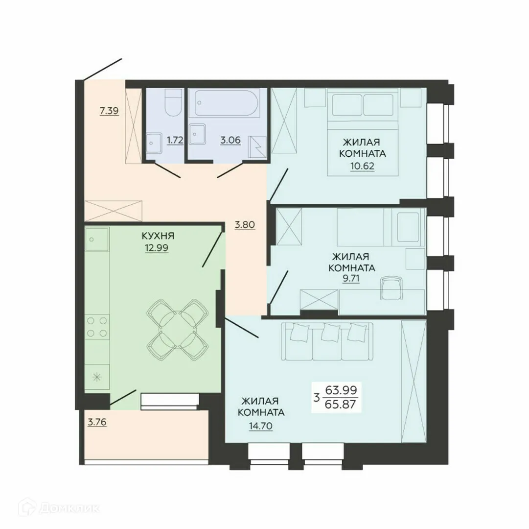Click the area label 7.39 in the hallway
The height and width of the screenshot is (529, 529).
109,110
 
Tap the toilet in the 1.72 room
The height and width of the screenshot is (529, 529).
172,104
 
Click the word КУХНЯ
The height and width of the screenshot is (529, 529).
156,236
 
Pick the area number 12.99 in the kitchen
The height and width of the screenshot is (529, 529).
156,248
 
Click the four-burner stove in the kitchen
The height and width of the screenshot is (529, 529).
97,327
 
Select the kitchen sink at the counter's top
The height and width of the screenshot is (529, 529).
96,240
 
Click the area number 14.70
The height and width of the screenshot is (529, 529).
260,426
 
